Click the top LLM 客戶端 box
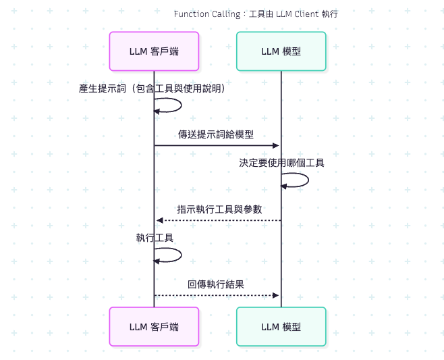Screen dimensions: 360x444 click(x=154, y=51)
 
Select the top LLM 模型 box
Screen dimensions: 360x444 click(x=281, y=51)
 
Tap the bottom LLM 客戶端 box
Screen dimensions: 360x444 click(x=154, y=326)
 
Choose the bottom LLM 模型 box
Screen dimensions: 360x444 click(x=281, y=326)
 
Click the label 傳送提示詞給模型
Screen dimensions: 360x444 click(x=216, y=134)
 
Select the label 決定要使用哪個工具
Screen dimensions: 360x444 click(x=281, y=163)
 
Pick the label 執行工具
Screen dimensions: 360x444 click(x=155, y=238)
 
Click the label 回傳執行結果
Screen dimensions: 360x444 click(x=216, y=284)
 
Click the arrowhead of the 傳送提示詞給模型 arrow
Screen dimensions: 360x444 click(x=276, y=145)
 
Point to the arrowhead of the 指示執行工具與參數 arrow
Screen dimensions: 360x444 click(x=159, y=220)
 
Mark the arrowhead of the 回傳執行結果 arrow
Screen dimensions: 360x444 click(x=276, y=295)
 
